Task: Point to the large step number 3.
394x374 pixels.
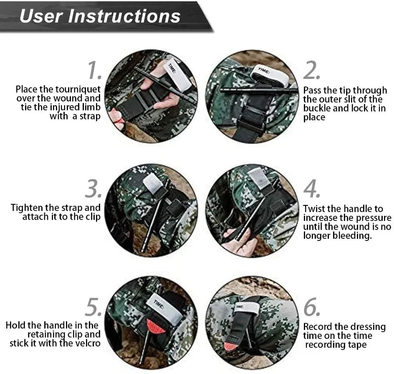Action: [93, 189]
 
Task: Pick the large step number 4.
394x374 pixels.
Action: [311, 189]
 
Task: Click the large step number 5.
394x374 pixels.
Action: [93, 308]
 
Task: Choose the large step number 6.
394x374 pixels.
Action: [311, 308]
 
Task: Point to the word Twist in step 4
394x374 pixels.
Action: [314, 209]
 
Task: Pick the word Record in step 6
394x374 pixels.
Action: [318, 327]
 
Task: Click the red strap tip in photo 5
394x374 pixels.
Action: [155, 326]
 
